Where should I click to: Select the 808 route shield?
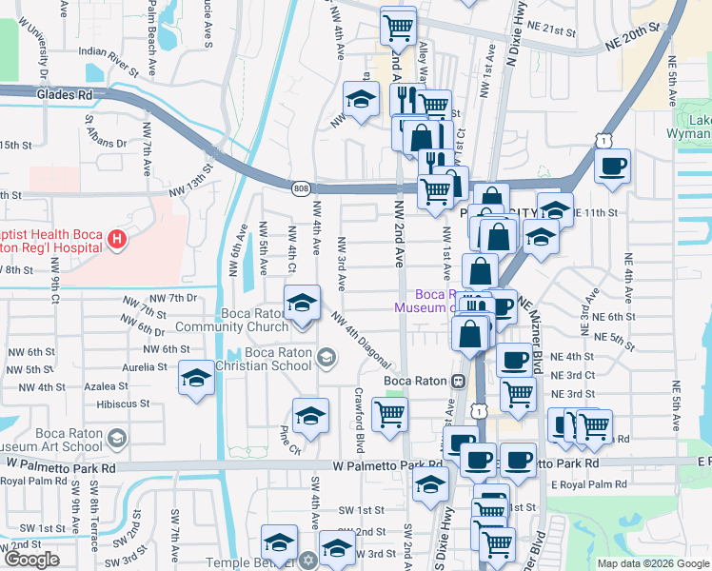301,188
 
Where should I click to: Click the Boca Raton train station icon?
458,381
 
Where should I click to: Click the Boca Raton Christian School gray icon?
326,358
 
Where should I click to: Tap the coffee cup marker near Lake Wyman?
613,166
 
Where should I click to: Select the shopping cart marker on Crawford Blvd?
389,414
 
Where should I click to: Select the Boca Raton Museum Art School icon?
117,439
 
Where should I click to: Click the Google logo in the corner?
32,560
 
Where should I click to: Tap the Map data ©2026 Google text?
653,563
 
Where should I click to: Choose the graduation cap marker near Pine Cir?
310,415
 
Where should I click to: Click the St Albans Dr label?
107,132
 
